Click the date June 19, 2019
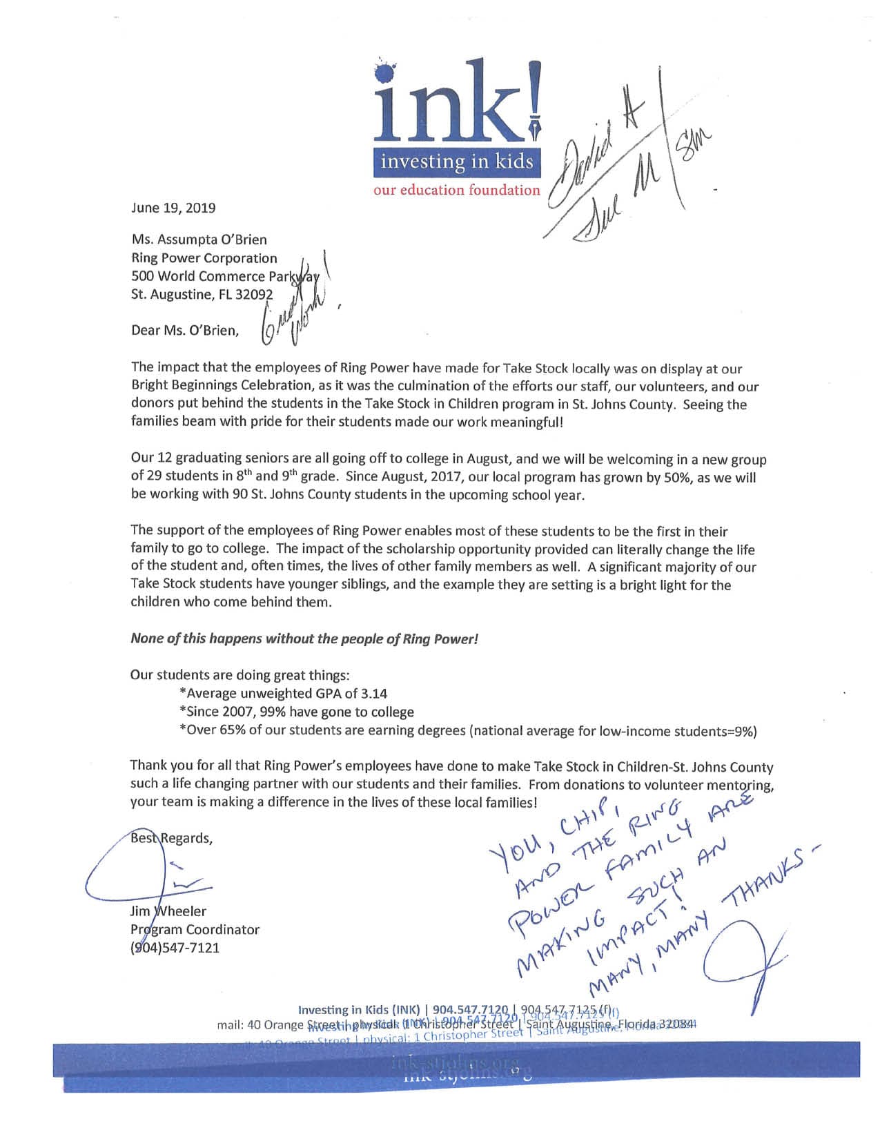(x=173, y=208)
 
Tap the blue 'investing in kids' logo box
(x=457, y=162)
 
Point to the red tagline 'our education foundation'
(x=457, y=190)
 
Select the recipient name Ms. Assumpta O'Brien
(x=199, y=240)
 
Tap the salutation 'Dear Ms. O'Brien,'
(x=185, y=330)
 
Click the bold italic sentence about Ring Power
(x=304, y=639)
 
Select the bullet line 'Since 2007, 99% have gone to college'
(x=297, y=712)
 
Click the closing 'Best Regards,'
(x=172, y=838)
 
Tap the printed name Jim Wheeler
(x=168, y=911)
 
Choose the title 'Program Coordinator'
(x=195, y=929)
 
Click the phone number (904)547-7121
(x=175, y=948)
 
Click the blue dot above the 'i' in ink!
(x=389, y=74)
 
